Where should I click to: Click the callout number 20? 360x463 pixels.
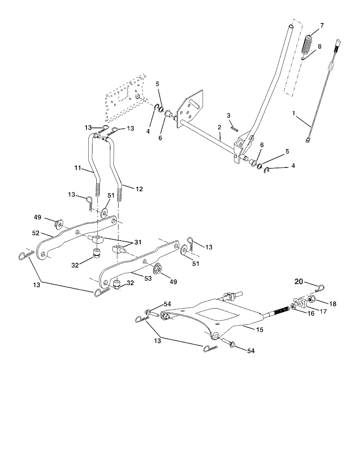(298, 282)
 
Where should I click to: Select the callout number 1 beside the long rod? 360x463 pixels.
(294, 113)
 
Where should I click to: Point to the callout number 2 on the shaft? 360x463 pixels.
(219, 127)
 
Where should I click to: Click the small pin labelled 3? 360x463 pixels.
(234, 128)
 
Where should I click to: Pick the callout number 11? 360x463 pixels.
(78, 168)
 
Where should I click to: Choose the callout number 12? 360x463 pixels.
(139, 189)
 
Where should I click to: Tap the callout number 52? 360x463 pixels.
(36, 233)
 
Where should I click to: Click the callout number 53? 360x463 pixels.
(148, 278)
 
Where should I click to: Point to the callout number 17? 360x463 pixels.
(323, 311)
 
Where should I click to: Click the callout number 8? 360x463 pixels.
(320, 47)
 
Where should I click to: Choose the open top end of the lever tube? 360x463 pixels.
(291, 26)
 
